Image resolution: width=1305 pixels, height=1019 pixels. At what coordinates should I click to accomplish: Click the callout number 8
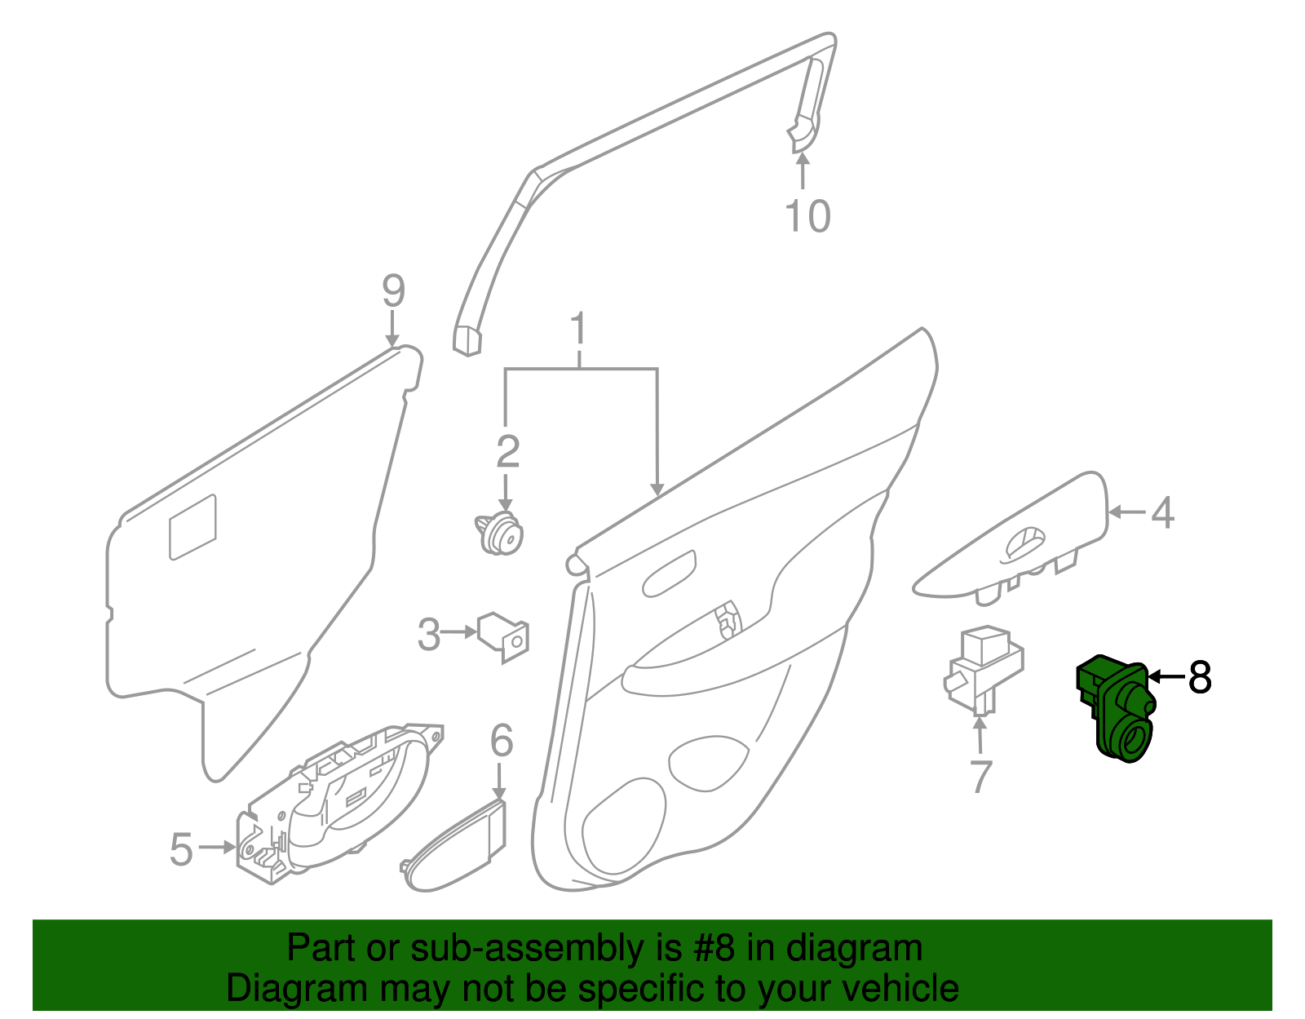(1199, 677)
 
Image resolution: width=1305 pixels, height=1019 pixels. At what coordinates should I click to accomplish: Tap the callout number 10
(807, 216)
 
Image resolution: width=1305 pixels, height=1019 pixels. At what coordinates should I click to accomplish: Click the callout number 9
(393, 290)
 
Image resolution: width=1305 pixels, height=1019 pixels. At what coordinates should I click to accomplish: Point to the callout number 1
(578, 329)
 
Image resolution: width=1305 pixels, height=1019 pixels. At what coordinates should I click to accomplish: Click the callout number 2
(507, 451)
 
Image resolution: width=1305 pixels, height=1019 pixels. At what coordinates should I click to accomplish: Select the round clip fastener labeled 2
(499, 534)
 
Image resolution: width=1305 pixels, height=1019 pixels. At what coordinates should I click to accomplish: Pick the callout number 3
(429, 634)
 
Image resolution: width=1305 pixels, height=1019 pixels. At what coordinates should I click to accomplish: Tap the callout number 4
(1162, 513)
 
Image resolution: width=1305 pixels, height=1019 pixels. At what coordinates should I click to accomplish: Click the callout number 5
(181, 849)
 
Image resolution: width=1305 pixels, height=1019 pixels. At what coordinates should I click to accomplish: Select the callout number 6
(502, 741)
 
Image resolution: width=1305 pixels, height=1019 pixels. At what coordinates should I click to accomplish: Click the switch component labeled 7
(983, 669)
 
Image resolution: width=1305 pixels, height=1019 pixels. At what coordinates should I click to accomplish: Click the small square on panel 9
(193, 527)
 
